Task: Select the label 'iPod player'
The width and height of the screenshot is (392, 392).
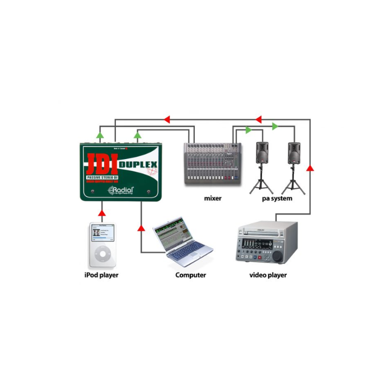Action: click(101, 275)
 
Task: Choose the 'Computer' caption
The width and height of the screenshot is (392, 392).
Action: click(190, 275)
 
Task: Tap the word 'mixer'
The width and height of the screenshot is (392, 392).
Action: click(213, 198)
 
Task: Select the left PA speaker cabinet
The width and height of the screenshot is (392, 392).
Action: click(264, 153)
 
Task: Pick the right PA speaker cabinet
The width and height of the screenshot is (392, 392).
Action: click(295, 153)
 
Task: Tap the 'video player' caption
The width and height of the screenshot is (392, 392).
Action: click(268, 275)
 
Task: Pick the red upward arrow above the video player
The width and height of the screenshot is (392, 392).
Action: click(310, 167)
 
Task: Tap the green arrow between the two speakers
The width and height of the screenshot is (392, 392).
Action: click(275, 127)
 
